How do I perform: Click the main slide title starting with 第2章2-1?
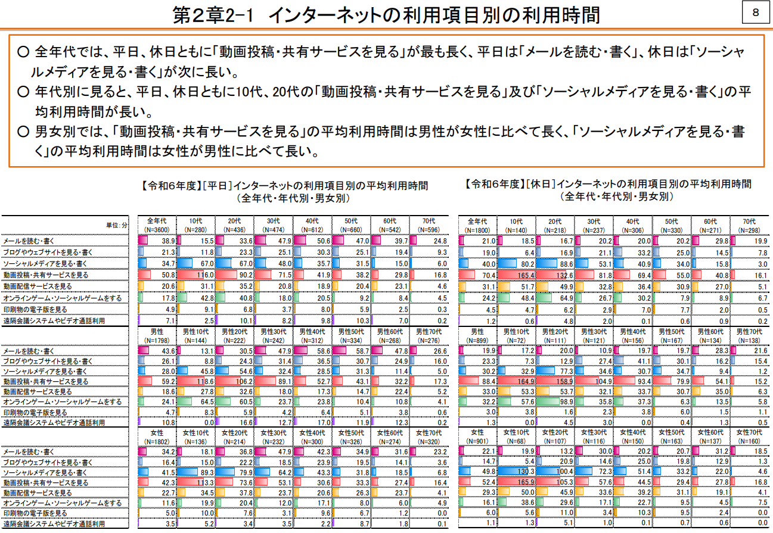[386, 15]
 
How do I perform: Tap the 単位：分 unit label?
[116, 225]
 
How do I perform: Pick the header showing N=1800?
[477, 225]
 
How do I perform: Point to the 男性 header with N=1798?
[157, 335]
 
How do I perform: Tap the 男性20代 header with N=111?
[555, 335]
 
